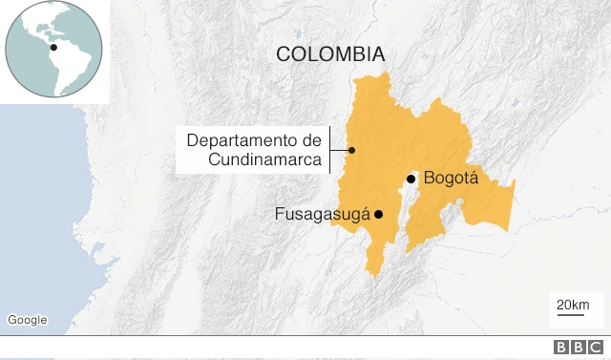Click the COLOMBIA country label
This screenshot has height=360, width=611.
[330, 53]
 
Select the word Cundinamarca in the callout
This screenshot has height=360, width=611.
[265, 159]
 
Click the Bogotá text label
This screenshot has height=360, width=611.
[450, 178]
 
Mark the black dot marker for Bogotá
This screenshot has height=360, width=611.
[411, 179]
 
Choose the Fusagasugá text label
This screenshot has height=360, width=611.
[322, 214]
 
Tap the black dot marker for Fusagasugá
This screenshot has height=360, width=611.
[379, 214]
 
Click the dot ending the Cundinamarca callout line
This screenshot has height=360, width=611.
[352, 150]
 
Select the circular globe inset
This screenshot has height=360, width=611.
[54, 49]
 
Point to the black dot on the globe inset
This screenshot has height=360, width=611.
[53, 47]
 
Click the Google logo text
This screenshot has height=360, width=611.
[27, 320]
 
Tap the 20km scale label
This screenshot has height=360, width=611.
[572, 305]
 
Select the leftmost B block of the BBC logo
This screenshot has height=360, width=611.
[561, 349]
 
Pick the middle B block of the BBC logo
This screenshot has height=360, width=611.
[578, 349]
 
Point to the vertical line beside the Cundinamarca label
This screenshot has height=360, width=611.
[329, 150]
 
